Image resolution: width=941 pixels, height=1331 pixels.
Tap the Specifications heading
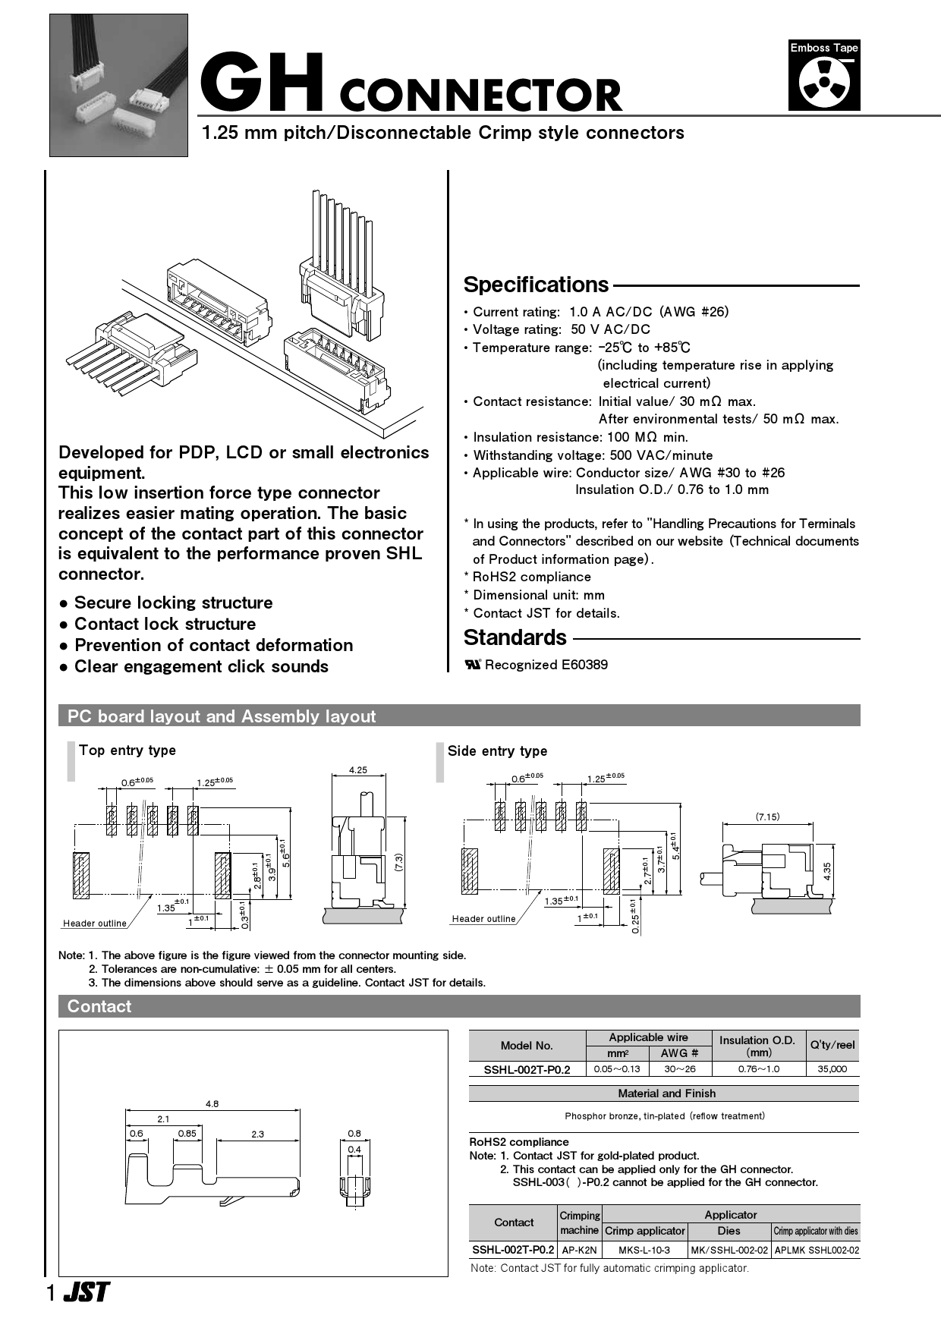pos(536,285)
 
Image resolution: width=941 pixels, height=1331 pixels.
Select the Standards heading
pos(515,637)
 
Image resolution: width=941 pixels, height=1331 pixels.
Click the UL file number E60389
pos(584,665)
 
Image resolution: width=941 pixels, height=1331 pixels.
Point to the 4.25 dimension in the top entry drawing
pos(357,769)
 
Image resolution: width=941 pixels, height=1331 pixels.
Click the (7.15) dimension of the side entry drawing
pos(767,817)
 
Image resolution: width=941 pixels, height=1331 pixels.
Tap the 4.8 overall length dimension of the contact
pos(212,1104)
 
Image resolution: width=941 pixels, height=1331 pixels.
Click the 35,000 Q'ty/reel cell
pos(832,1069)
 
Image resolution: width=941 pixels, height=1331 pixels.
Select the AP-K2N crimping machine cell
pos(579,1250)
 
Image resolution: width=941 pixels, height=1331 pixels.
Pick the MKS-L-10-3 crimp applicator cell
pos(644,1250)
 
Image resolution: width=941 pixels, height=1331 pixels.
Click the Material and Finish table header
pos(666,1093)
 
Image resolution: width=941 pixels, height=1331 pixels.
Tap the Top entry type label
pos(127,750)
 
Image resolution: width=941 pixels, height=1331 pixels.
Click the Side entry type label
pos(497,751)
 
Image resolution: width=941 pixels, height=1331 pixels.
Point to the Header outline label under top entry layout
pos(95,924)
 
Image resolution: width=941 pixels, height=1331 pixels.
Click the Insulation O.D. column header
pos(757,1046)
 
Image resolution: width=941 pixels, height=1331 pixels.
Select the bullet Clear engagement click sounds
pos(201,667)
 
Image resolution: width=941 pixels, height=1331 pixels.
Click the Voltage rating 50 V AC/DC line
pos(561,329)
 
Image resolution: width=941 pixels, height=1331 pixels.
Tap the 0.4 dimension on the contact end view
pos(354,1150)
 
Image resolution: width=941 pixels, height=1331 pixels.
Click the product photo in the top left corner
pos(118,85)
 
